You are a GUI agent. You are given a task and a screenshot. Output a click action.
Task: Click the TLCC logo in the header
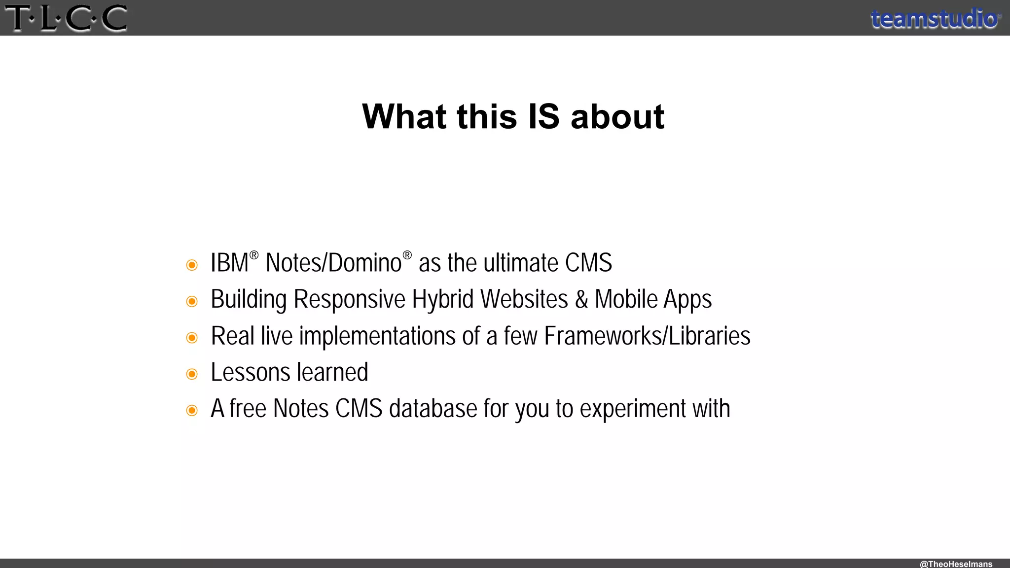coord(66,19)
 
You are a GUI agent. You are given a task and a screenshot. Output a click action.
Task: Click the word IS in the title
coord(543,117)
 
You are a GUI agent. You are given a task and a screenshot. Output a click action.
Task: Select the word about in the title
coord(617,117)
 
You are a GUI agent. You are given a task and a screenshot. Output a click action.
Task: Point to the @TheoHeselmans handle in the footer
coord(956,564)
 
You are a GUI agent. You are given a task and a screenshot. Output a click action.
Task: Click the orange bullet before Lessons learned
coord(192,374)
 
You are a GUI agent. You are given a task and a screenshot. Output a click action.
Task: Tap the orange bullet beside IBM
coord(192,265)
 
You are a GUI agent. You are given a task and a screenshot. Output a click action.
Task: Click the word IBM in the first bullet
coord(229,263)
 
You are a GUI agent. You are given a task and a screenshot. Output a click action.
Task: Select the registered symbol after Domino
coord(407,255)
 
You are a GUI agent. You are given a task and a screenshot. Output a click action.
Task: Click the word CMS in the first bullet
coord(588,263)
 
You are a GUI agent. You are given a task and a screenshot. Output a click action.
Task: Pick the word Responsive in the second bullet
coord(349,299)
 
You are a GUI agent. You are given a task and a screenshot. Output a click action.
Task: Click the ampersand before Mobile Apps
coord(581,299)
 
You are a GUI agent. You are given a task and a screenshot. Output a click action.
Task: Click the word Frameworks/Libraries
coord(647,336)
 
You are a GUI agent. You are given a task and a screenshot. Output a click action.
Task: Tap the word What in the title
coord(404,117)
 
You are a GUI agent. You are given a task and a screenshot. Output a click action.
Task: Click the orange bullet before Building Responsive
coord(192,301)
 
